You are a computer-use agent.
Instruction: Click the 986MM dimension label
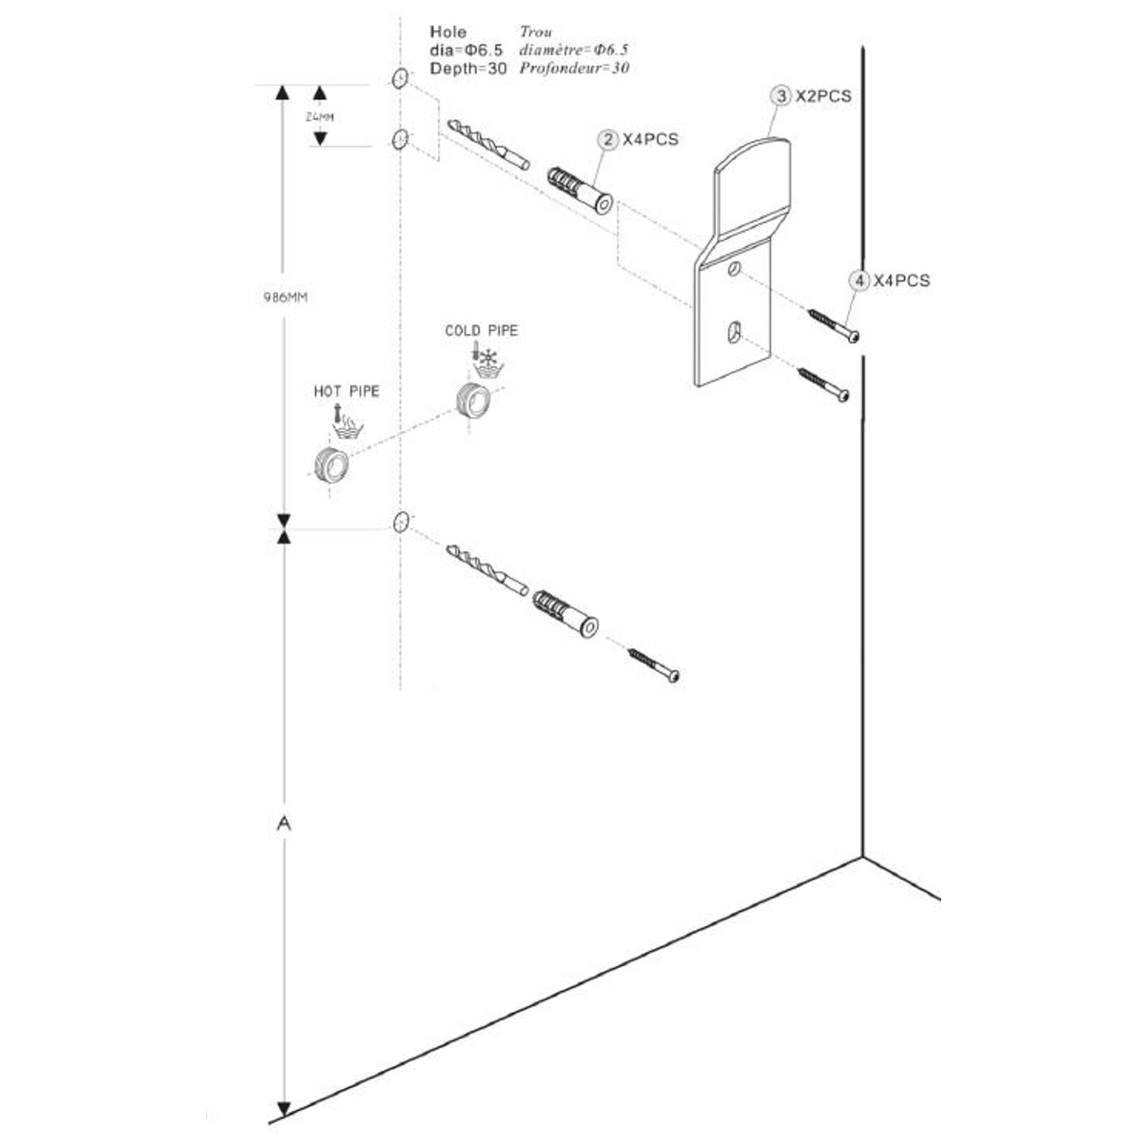285,298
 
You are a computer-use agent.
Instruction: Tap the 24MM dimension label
319,117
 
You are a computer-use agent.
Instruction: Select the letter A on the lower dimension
284,824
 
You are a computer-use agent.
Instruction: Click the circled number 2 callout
607,140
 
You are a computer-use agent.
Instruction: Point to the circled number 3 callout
781,96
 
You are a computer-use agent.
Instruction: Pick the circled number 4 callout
859,281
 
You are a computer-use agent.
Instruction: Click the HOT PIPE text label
346,391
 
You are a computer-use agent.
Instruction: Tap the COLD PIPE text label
482,331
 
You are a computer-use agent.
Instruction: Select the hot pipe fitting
331,465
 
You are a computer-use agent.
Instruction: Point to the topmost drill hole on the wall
400,78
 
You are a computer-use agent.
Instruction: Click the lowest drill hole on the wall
401,522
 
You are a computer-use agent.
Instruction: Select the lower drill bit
487,568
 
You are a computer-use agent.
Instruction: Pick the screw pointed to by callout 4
833,325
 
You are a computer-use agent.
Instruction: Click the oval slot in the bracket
735,333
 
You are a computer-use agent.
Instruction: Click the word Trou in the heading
536,32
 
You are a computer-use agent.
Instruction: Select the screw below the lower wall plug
654,665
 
